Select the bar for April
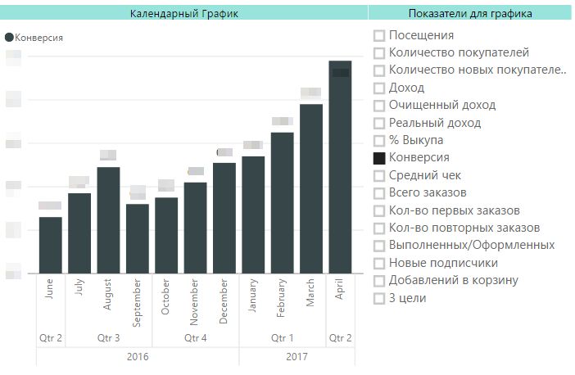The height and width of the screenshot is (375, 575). [x=340, y=167]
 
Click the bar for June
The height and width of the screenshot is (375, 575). [x=50, y=245]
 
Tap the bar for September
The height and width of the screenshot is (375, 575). [x=138, y=238]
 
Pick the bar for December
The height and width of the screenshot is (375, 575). [x=224, y=218]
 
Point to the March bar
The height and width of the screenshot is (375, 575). [x=311, y=188]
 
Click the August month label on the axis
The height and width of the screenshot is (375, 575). [x=109, y=296]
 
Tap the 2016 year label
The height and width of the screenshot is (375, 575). [x=138, y=357]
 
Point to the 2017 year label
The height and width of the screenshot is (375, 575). [x=297, y=357]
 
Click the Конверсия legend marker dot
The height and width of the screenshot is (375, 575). [x=10, y=38]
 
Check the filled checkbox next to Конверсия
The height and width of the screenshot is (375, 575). [x=379, y=157]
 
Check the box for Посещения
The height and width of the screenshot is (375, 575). [x=379, y=35]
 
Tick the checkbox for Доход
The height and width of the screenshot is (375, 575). [x=379, y=88]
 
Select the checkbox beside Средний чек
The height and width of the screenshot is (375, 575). [x=379, y=175]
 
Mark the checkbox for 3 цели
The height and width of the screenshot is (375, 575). [x=379, y=298]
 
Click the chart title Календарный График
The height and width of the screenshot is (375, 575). [x=183, y=13]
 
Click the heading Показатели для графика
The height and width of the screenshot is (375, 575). [x=469, y=13]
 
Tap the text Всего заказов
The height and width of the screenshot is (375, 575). [x=428, y=192]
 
